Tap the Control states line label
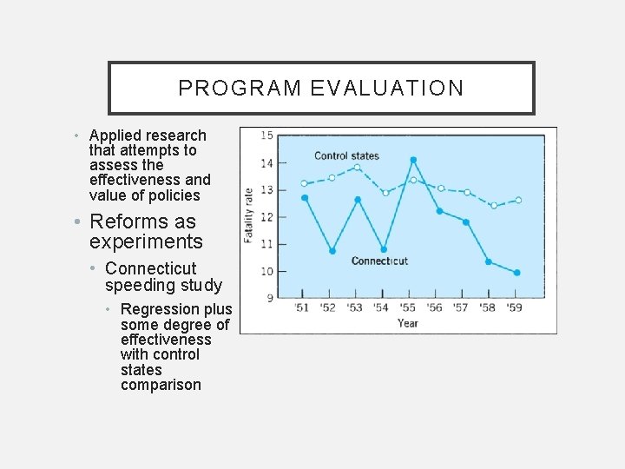pos(346,156)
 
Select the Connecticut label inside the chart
pos(379,261)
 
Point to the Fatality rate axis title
pos(249,215)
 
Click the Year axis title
pos(407,323)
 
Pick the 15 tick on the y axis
pos(266,135)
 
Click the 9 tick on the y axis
pos(269,298)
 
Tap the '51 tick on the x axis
pos(301,307)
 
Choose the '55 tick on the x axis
pos(408,307)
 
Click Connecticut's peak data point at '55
pos(413,160)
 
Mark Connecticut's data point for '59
pos(516,273)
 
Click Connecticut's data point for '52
pos(332,251)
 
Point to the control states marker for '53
pos(357,168)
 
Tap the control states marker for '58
pos(493,206)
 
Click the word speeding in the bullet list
pos(135,286)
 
